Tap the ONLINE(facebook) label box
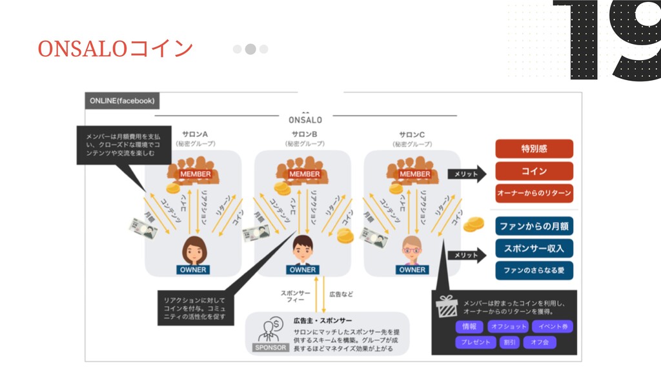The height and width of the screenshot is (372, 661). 122,101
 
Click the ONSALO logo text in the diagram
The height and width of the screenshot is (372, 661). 305,119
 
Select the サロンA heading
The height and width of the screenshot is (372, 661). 194,134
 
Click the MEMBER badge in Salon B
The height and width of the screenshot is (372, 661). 304,174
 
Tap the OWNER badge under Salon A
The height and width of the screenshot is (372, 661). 193,269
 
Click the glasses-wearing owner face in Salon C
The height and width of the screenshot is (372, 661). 411,249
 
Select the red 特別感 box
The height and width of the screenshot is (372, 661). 534,149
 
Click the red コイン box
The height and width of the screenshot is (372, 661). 534,171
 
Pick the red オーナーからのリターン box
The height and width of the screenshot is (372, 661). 534,193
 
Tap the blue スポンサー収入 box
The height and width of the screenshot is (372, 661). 534,248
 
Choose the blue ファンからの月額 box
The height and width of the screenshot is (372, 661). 534,226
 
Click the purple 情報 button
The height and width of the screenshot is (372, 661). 469,327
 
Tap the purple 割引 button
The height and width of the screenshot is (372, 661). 509,342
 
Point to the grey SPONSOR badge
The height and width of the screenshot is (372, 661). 269,347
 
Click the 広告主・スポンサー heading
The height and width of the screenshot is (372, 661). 323,320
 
